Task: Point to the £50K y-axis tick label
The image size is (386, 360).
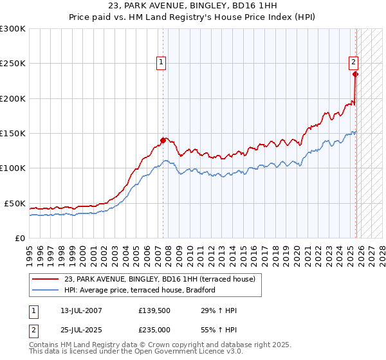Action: click(x=15, y=203)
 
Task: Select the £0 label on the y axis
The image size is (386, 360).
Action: click(x=20, y=238)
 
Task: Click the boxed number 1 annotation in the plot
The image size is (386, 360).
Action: click(x=161, y=62)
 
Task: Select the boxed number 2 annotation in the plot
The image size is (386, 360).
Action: click(x=354, y=62)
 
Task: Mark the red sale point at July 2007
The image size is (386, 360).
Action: click(x=163, y=140)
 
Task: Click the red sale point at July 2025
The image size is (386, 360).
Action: click(x=356, y=74)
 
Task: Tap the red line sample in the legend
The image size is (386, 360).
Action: click(x=46, y=279)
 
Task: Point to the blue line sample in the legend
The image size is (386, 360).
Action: click(x=46, y=290)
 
